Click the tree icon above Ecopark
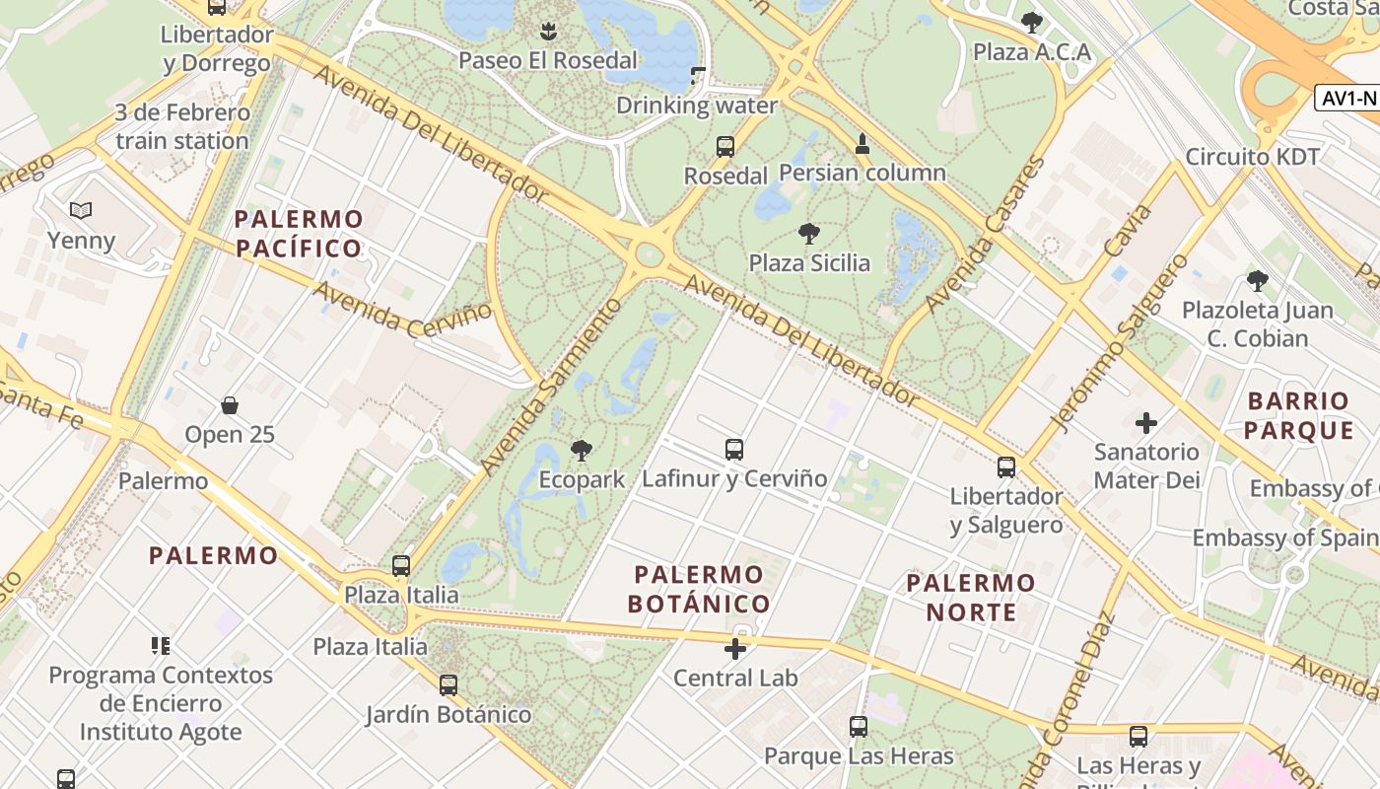tap(582, 451)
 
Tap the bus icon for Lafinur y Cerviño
tap(733, 450)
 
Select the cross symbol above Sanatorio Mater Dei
tap(1146, 423)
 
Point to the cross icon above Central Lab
tap(735, 649)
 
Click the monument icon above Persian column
tap(862, 144)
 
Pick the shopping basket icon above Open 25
tap(230, 405)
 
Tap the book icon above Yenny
tap(81, 210)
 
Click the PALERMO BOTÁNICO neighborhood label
tap(699, 589)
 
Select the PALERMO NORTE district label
tap(971, 598)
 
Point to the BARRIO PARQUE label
tap(1299, 415)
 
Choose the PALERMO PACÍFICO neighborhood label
tap(300, 233)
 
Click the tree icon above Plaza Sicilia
tap(809, 234)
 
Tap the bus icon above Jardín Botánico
tap(448, 684)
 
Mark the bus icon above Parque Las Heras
tap(859, 727)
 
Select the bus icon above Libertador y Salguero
tap(1006, 466)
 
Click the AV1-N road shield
tap(1347, 99)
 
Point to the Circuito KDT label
tap(1252, 157)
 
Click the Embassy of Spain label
tap(1285, 538)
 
